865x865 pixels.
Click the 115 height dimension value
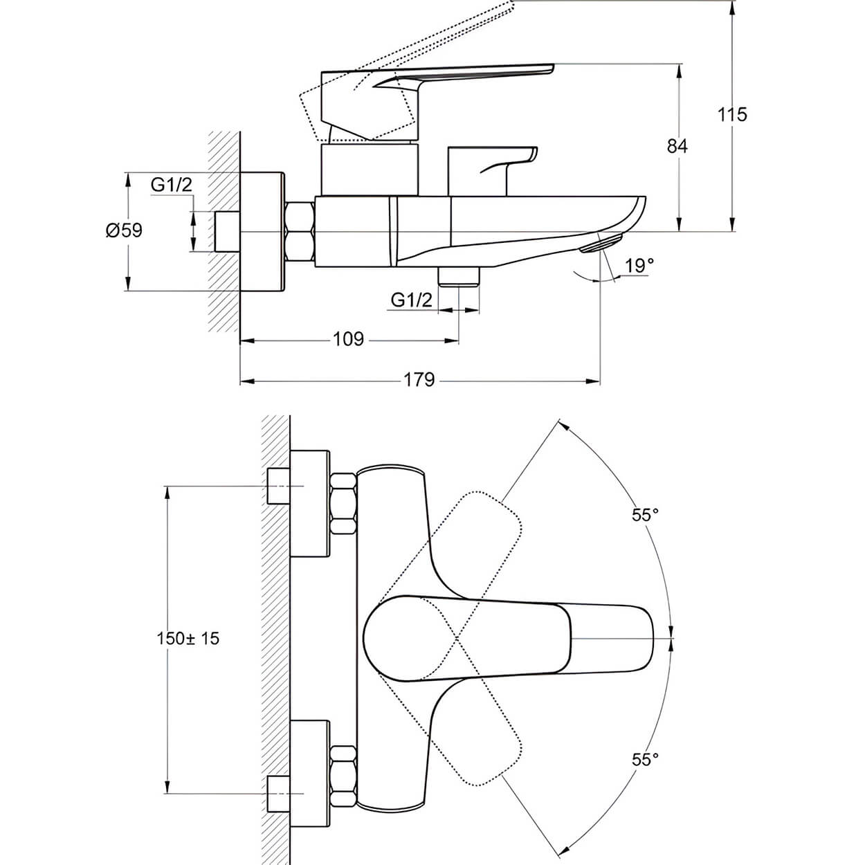(x=732, y=114)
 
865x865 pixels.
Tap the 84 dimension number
(x=677, y=146)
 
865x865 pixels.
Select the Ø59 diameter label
(x=125, y=230)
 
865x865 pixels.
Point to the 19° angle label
(x=638, y=266)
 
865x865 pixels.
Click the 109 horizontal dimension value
(x=348, y=339)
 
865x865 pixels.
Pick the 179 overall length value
(x=419, y=380)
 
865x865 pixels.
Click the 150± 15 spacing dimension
(x=188, y=638)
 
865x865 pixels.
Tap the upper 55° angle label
(x=644, y=515)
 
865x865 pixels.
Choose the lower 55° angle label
(x=644, y=760)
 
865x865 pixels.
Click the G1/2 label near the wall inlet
(x=171, y=185)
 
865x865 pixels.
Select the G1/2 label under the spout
(x=411, y=300)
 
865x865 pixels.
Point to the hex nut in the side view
(x=300, y=231)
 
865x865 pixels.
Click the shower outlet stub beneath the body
(x=459, y=275)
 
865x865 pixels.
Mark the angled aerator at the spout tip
(x=601, y=244)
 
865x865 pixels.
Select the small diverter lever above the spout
(x=491, y=166)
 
